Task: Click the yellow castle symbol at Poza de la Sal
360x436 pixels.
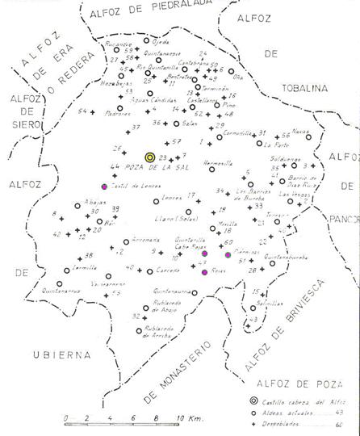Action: click(x=149, y=157)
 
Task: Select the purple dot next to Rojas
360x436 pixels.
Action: click(x=205, y=273)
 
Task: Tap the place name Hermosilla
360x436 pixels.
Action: click(x=218, y=162)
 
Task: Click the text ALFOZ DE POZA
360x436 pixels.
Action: click(x=291, y=384)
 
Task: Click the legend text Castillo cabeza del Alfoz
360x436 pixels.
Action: click(x=303, y=401)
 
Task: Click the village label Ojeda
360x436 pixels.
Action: click(x=161, y=40)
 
